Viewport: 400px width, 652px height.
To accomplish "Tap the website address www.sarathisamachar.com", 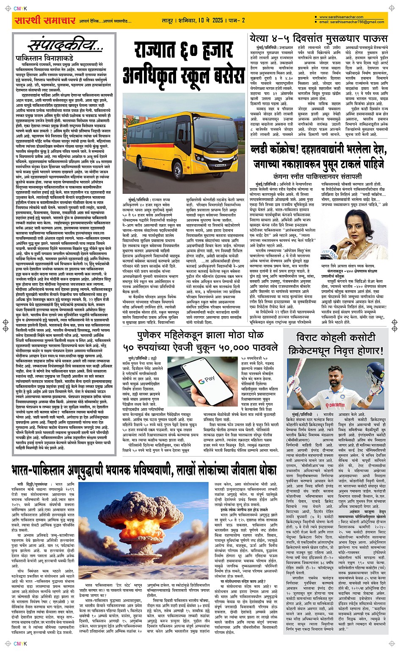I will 341,17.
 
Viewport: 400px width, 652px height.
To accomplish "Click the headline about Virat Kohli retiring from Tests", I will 335,344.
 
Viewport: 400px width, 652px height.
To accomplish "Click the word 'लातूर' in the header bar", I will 170,20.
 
